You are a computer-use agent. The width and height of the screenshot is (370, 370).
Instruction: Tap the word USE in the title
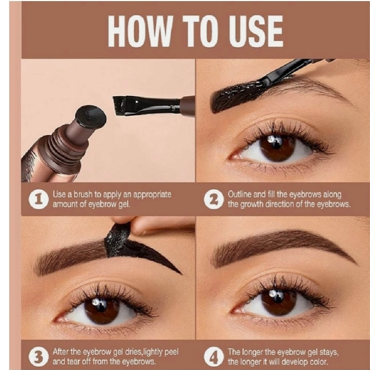point(256,31)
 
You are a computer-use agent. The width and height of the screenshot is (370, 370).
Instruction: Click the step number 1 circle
point(38,199)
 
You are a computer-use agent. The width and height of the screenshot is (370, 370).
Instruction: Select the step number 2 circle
point(214,199)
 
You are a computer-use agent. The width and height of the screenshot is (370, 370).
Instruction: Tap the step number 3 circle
point(38,356)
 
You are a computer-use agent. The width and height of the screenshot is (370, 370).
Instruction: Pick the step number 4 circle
point(214,356)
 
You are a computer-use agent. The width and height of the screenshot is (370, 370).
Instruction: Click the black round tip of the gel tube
point(91,117)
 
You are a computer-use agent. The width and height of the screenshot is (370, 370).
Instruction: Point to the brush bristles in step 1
point(119,105)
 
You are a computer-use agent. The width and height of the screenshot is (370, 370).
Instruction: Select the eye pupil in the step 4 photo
point(279,301)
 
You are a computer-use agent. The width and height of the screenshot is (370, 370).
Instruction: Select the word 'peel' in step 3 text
point(171,352)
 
